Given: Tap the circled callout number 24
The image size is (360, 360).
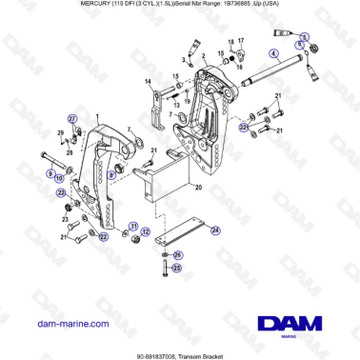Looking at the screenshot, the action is [214, 230].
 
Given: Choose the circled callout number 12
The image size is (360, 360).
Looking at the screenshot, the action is [145, 230].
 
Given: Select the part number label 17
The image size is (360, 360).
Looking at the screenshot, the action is [242, 41].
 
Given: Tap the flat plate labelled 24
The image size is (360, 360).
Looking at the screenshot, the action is [181, 229].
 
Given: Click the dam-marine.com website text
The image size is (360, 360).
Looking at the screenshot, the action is [63, 325].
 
